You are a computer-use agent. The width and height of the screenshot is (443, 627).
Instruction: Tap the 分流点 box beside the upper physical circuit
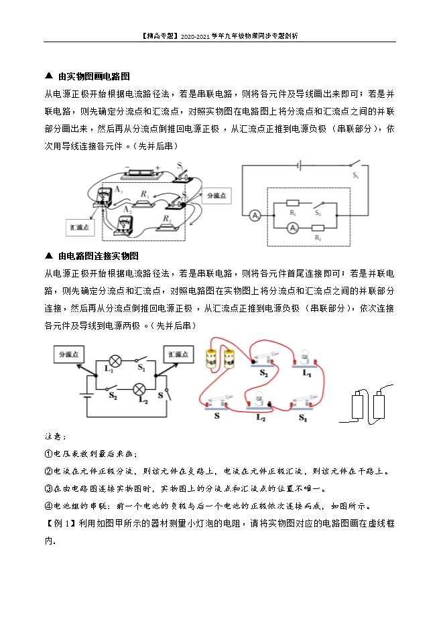pyautogui.click(x=216, y=196)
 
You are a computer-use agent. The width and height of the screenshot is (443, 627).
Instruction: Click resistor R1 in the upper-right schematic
pyautogui.click(x=293, y=202)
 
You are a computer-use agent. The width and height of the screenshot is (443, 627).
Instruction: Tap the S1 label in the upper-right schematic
pyautogui.click(x=355, y=176)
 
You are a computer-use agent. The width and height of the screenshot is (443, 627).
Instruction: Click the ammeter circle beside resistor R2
pyautogui.click(x=292, y=228)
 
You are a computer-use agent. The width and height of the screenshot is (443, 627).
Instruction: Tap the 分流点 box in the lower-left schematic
pyautogui.click(x=69, y=354)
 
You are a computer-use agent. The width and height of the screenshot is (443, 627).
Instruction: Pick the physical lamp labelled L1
pyautogui.click(x=303, y=358)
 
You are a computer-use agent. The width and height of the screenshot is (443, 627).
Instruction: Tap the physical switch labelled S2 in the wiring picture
pyautogui.click(x=263, y=359)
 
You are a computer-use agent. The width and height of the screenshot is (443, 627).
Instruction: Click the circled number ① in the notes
pyautogui.click(x=48, y=454)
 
